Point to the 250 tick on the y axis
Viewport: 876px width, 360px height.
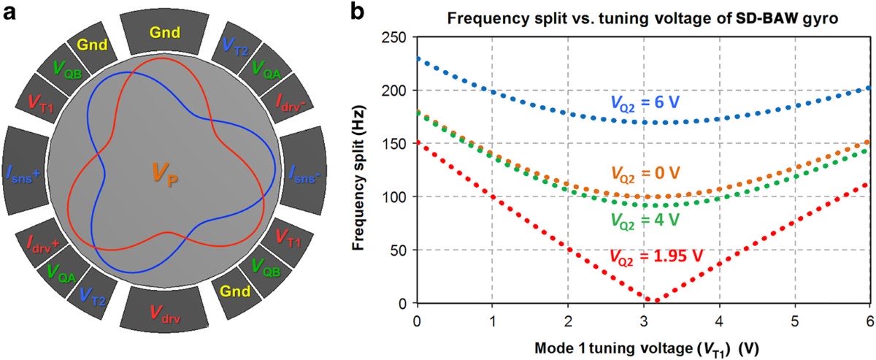pos(397,37)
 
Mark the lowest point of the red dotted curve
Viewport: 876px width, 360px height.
pos(656,300)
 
